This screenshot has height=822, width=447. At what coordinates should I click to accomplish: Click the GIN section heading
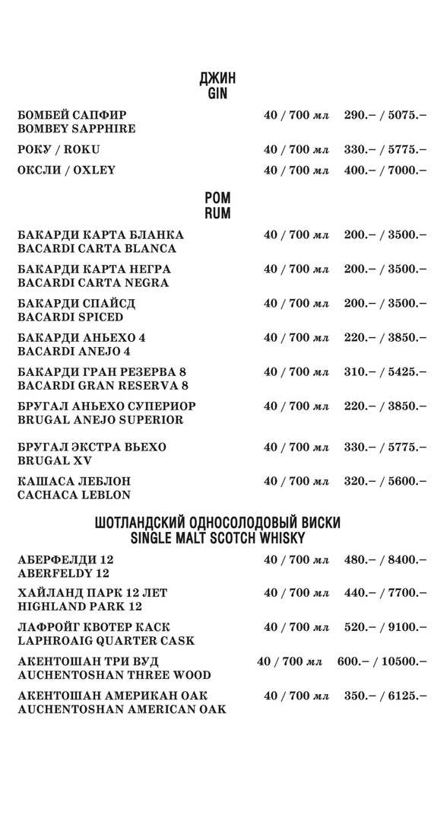coord(217,94)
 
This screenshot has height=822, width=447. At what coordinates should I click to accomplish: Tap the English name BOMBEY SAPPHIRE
coord(77,129)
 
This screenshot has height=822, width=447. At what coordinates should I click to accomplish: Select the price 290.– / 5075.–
coord(385,115)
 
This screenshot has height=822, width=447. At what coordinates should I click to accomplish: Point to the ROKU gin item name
coord(59,149)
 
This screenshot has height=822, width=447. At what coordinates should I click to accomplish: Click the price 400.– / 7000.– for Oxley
coord(385,170)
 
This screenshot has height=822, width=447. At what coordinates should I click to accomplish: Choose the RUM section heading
coord(217,214)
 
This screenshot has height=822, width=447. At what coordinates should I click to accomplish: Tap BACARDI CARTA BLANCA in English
coord(97,248)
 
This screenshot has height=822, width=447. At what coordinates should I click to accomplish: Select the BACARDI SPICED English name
coord(70,317)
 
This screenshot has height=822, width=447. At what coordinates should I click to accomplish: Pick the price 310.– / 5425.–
coord(385,371)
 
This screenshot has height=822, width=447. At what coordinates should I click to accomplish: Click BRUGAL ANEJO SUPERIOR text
coord(100,419)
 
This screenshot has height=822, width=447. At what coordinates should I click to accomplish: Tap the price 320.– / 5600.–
coord(385,481)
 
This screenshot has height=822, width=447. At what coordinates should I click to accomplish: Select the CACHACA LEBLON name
coord(74,495)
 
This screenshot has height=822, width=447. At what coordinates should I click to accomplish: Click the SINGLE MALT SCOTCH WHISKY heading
coord(217,538)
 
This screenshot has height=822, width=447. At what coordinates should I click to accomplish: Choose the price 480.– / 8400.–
coord(385,560)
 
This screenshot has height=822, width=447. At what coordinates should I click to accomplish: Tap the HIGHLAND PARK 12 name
coord(80,607)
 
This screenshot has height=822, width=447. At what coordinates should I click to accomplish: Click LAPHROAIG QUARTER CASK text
coord(106,641)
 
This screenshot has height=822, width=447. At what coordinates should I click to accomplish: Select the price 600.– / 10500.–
coord(382,661)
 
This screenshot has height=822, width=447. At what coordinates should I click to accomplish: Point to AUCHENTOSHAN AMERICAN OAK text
coord(122,709)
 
